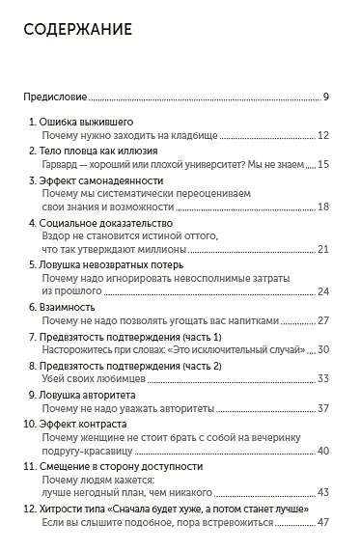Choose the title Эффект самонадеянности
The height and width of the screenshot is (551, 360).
pos(101,180)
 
